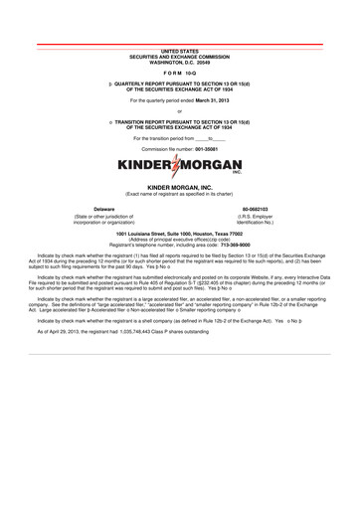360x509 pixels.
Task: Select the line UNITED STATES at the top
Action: (180, 48)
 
